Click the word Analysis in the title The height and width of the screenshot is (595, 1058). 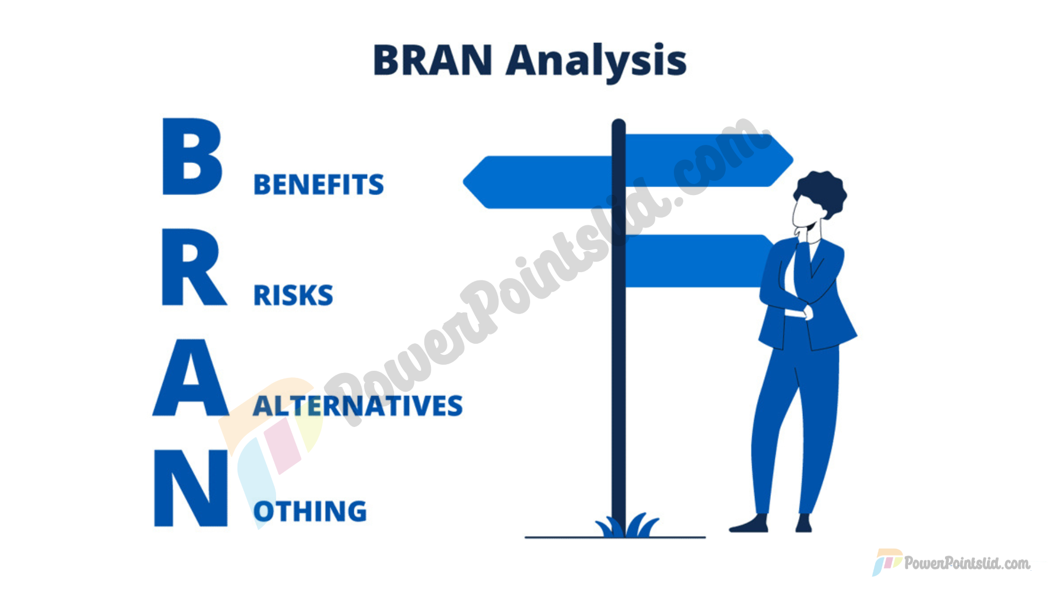(596, 62)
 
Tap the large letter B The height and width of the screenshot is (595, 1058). (192, 156)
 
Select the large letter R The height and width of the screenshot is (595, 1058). (193, 267)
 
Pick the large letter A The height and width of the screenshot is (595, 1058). (191, 377)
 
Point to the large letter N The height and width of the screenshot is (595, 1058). (191, 488)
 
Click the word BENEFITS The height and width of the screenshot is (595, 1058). (319, 185)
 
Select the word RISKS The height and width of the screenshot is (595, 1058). (293, 295)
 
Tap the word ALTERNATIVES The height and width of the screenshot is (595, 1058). (358, 406)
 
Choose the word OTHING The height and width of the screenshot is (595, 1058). (310, 511)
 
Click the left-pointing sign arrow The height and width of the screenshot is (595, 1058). (537, 182)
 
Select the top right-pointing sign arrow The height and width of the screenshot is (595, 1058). (709, 160)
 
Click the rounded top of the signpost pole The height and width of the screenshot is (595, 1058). (619, 125)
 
